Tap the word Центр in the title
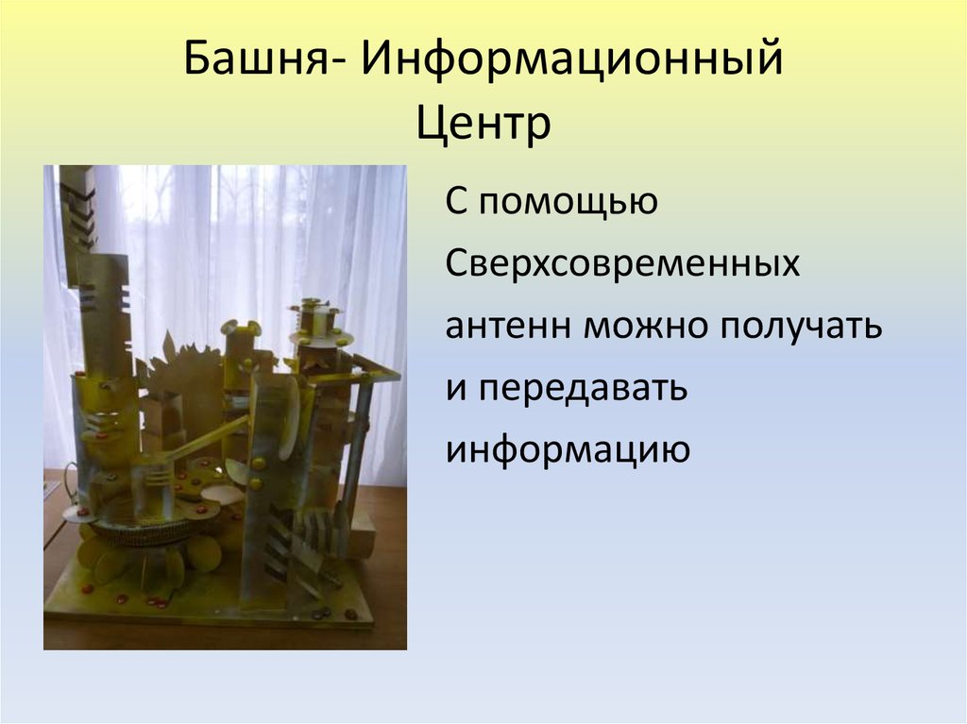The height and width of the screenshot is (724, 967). (x=483, y=123)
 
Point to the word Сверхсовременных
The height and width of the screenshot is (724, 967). (x=623, y=264)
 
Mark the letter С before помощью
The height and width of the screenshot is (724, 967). (x=458, y=202)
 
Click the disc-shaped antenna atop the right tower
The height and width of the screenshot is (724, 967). (x=319, y=335)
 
